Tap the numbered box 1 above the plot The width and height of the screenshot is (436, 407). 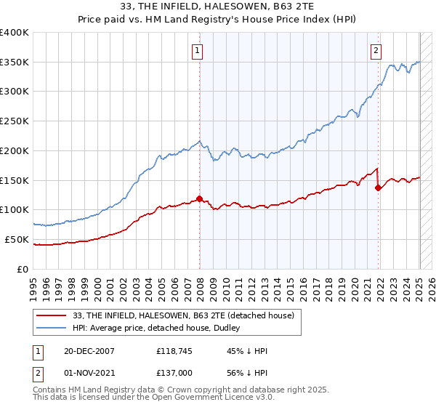[198, 50]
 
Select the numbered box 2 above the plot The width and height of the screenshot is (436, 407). [376, 50]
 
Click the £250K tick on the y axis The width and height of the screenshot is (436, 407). [15, 121]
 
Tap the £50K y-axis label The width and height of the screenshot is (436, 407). [17, 239]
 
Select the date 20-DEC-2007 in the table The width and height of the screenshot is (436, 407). [89, 351]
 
